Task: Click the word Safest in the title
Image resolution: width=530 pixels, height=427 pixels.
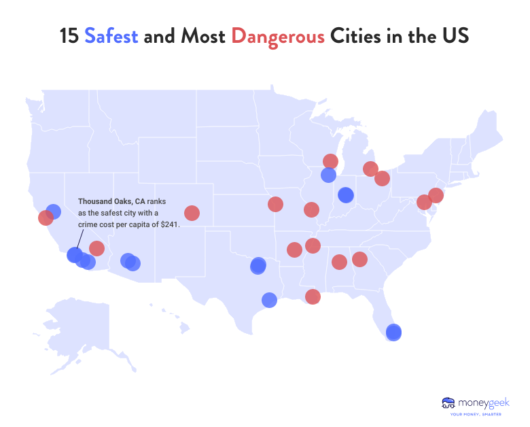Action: pos(111,36)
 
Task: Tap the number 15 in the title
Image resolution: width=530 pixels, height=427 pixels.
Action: pos(69,36)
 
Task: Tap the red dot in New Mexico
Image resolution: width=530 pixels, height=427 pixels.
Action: pos(192,213)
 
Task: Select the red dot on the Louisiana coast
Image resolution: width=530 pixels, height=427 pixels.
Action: pos(313,296)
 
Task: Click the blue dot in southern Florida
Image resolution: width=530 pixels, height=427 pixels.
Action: pos(393,332)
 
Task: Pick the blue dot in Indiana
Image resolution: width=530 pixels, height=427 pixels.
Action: pos(346,195)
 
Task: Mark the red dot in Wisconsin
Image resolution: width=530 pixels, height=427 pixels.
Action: pos(330,161)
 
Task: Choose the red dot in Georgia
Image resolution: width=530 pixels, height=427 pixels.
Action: pos(359,259)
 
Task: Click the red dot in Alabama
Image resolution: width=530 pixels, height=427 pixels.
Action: pos(339,262)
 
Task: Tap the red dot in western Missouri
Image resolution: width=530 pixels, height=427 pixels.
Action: pos(275,204)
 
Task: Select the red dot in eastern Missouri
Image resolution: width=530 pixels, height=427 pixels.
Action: pos(311,209)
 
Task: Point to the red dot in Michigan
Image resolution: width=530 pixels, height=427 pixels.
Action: pos(370,169)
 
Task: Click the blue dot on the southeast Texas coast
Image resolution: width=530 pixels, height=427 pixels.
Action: pos(269,299)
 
